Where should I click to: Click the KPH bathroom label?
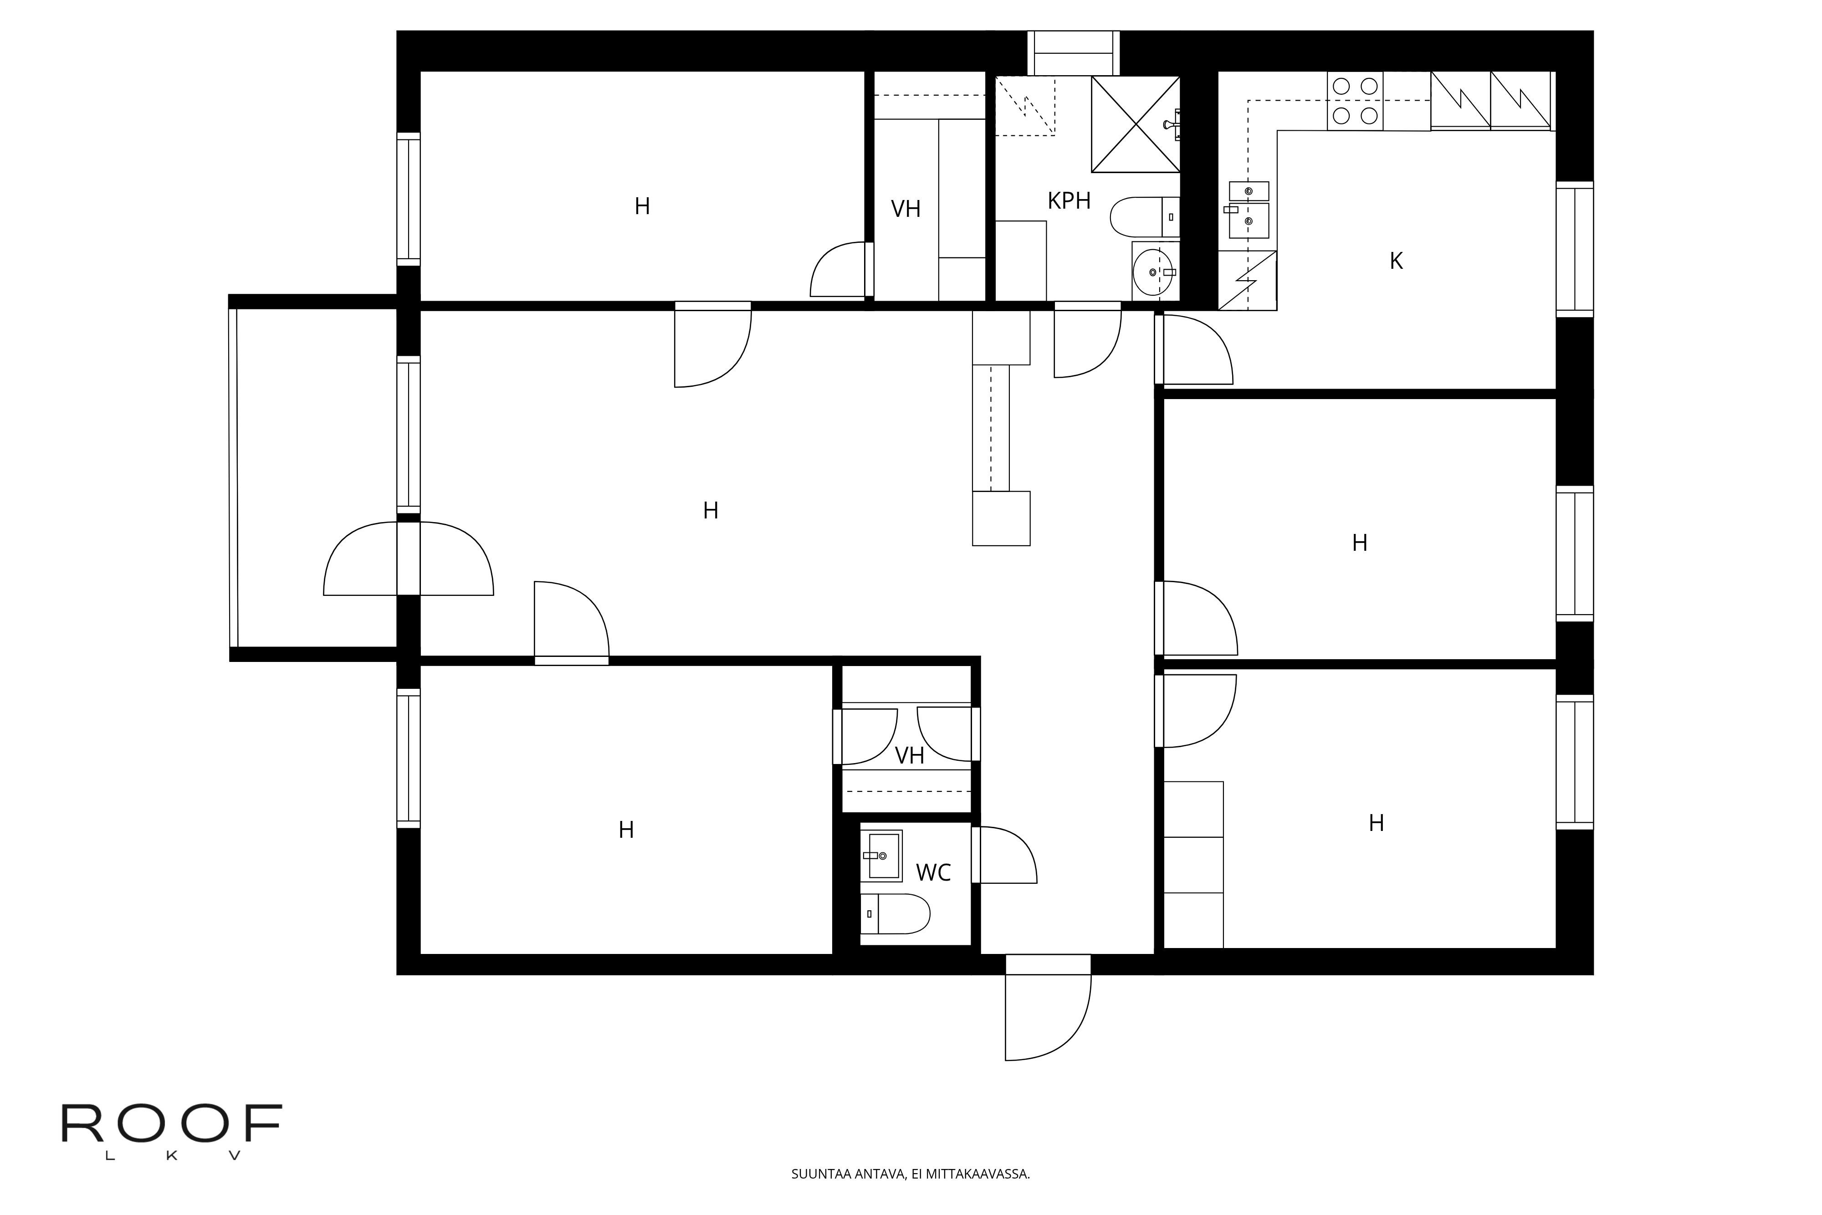click(1069, 201)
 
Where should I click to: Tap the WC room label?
click(933, 872)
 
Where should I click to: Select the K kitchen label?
click(1396, 261)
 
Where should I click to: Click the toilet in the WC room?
click(896, 913)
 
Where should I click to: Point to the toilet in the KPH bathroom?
click(1145, 217)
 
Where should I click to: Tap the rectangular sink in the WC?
click(881, 856)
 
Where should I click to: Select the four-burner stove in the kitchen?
click(1355, 101)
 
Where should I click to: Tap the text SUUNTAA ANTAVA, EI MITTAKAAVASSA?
click(910, 1174)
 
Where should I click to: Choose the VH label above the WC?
click(910, 755)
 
